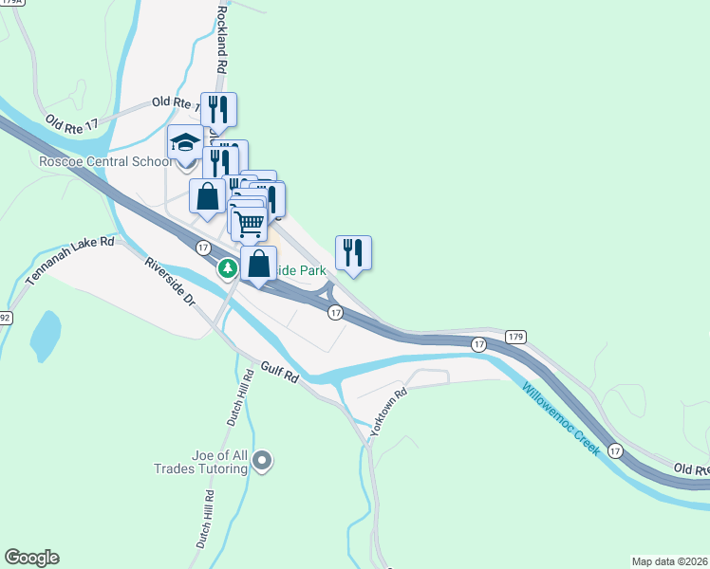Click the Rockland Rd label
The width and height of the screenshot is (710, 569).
click(x=223, y=40)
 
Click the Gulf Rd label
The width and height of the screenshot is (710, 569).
click(x=280, y=372)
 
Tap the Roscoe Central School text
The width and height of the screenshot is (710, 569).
click(x=93, y=161)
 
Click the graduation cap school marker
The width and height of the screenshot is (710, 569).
click(x=186, y=145)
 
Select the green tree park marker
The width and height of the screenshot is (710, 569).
click(x=228, y=269)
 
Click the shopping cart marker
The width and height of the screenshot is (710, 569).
click(x=249, y=224)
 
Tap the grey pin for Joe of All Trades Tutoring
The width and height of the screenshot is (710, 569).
click(x=263, y=462)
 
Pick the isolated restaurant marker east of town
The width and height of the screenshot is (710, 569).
click(x=353, y=253)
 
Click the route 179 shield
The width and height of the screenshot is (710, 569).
click(x=515, y=337)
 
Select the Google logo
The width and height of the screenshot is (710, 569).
click(x=31, y=558)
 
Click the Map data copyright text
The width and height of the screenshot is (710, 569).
click(x=669, y=560)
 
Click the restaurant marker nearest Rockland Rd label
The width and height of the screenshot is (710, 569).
click(x=218, y=111)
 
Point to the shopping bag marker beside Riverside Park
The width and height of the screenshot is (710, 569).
click(x=259, y=265)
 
